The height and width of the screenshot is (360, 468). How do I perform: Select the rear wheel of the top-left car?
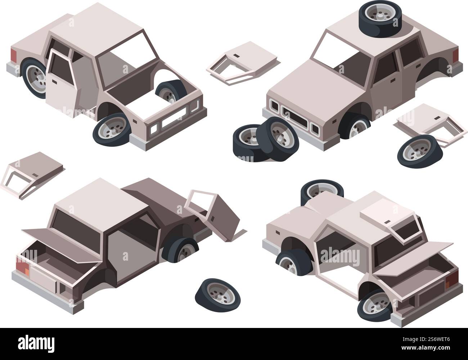[35, 78]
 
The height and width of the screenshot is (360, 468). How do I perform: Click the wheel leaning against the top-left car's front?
[112, 130]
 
